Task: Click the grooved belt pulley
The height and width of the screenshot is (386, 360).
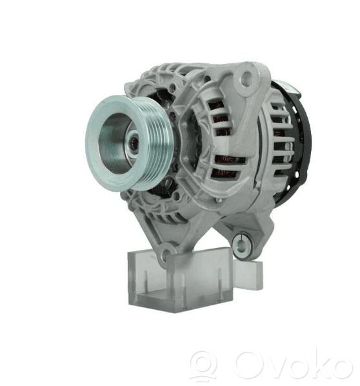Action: point(129,143)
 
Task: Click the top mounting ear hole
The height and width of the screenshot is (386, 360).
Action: point(246,77)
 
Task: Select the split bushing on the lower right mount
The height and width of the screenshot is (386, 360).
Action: point(241,245)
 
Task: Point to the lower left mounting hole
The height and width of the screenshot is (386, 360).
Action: point(165,254)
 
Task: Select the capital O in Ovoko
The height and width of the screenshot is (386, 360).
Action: point(249,365)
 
